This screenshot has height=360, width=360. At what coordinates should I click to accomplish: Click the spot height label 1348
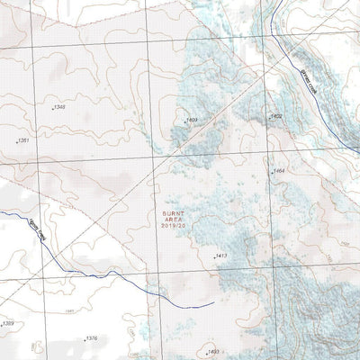click(x=59, y=108)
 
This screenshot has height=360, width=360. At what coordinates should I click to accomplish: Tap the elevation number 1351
click(x=24, y=141)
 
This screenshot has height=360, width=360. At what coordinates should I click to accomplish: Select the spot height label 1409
click(x=191, y=120)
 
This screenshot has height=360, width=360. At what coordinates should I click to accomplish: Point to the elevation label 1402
click(x=277, y=116)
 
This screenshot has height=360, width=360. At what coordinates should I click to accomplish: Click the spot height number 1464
click(x=279, y=171)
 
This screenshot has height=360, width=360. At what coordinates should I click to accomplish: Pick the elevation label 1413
click(x=222, y=256)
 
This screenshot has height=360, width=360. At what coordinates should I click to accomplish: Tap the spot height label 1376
click(x=90, y=338)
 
